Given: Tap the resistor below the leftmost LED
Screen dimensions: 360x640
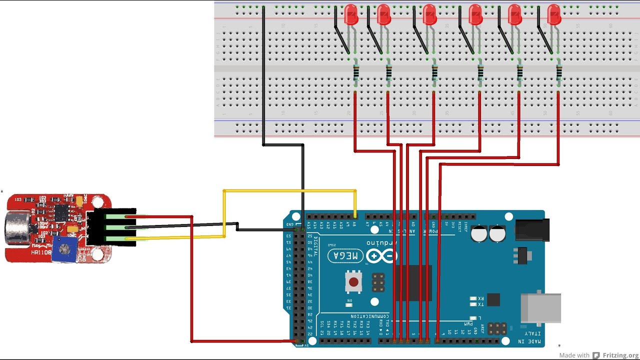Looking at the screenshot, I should (355, 73).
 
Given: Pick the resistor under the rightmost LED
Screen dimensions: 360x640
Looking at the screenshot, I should (558, 73).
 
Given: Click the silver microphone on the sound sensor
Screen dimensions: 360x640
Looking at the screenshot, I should (17, 228).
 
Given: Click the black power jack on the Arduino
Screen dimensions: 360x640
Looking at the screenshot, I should (531, 230).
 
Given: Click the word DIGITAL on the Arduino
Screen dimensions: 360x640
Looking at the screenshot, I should (315, 245).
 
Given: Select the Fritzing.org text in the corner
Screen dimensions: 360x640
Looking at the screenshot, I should (620, 355).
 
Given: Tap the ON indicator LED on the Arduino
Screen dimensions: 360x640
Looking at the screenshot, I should (349, 304).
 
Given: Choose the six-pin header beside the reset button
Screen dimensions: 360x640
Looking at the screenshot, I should (378, 283).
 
